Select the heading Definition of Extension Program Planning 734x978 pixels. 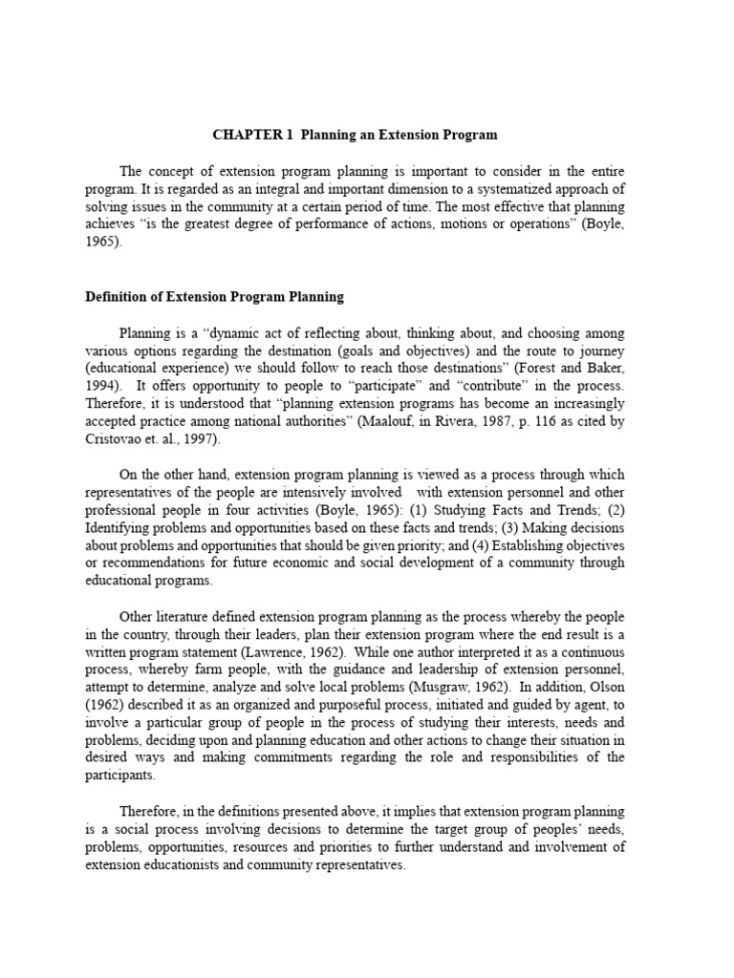click(215, 297)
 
